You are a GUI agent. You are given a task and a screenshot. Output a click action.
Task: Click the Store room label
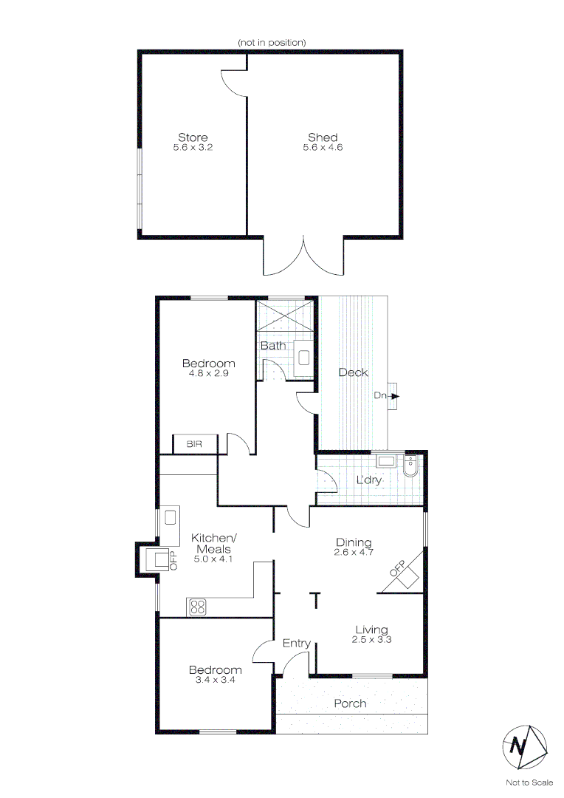tap(193, 137)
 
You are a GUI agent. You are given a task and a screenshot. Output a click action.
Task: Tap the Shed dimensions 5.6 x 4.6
tap(323, 148)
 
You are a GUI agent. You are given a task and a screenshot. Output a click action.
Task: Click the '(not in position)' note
tap(272, 43)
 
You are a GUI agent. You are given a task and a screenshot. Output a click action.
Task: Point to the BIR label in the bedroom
tap(194, 444)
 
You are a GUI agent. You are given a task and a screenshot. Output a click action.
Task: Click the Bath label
tap(272, 345)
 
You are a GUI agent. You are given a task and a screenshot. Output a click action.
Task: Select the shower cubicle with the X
tap(286, 318)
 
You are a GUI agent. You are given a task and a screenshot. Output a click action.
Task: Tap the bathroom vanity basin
tap(303, 358)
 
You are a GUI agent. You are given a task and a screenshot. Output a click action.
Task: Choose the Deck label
tap(352, 372)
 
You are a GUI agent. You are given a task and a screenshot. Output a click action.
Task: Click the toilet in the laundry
tap(410, 465)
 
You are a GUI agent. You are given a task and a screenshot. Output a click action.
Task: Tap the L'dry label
tap(368, 480)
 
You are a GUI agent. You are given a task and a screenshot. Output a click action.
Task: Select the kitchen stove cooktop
tap(198, 607)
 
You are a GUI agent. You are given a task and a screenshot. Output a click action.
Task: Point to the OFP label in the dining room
tap(397, 569)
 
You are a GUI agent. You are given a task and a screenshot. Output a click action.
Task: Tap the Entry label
tap(297, 644)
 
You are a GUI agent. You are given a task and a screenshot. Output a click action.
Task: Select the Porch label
tap(350, 703)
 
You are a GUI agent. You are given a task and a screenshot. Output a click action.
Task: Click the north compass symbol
tap(525, 747)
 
